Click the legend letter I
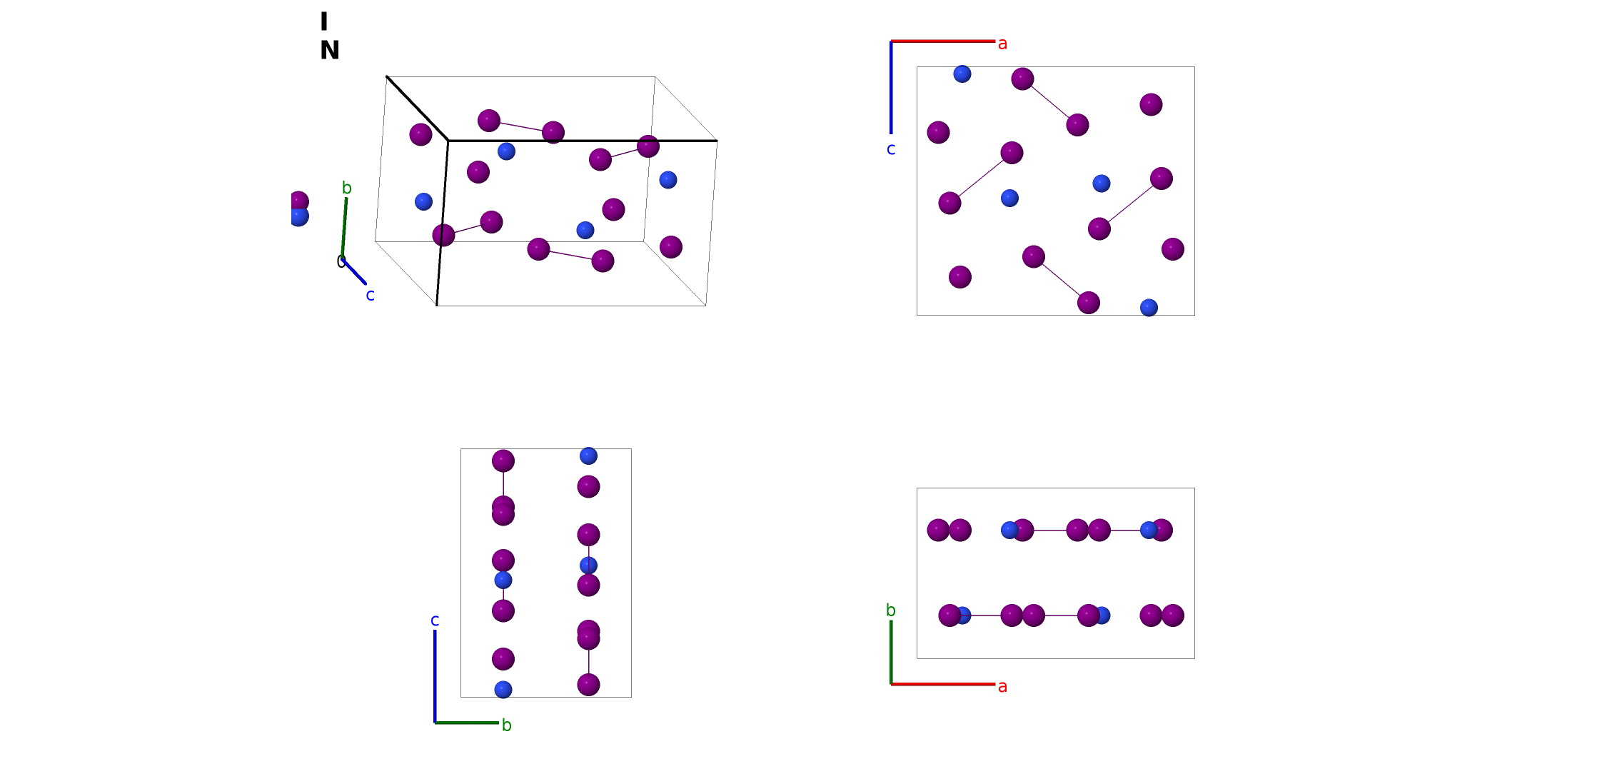click(324, 21)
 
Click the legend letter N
click(330, 50)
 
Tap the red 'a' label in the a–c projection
click(1002, 44)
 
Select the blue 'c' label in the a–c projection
click(891, 149)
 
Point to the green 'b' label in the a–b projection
click(891, 610)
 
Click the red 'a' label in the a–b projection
click(1002, 686)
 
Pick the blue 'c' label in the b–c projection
click(435, 620)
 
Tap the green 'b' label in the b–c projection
click(506, 725)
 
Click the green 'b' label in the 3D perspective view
click(347, 188)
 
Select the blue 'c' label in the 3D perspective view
click(370, 295)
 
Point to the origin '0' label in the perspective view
click(341, 262)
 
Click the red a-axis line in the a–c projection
click(943, 41)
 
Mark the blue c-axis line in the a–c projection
click(891, 87)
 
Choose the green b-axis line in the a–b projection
click(891, 652)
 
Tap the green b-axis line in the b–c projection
click(467, 723)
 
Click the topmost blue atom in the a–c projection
click(962, 74)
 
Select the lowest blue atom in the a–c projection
click(1149, 308)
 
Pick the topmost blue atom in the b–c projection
click(588, 456)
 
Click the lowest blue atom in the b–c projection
click(503, 690)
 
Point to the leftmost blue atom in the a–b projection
click(962, 615)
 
